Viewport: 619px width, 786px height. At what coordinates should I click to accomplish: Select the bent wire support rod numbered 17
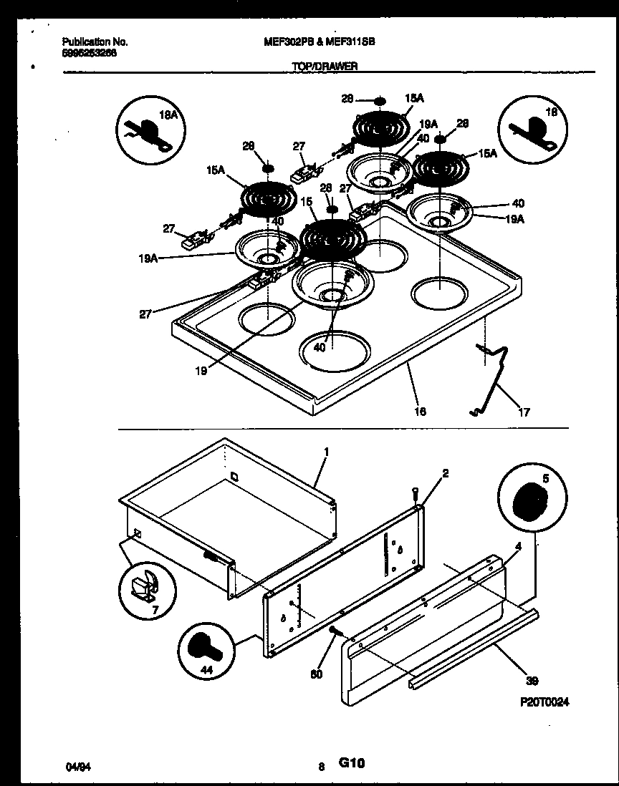[x=494, y=379]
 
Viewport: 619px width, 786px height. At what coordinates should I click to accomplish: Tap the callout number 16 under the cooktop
[x=421, y=412]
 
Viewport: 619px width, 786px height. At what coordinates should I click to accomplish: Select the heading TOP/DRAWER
[x=324, y=66]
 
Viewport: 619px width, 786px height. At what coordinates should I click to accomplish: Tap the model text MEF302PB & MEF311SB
[x=320, y=42]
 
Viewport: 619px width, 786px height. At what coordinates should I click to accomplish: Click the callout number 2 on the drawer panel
[x=446, y=473]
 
